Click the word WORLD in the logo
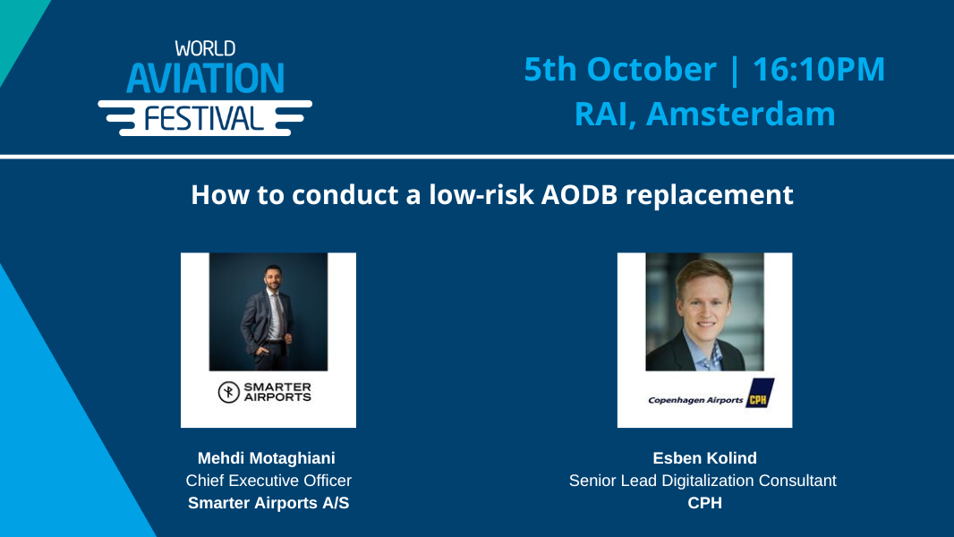pos(205,49)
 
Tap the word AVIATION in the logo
pos(205,79)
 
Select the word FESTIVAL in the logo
pos(204,117)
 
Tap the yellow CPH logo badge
pos(761,393)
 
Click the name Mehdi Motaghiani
pos(268,458)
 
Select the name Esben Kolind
pos(704,458)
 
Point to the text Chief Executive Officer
pos(268,481)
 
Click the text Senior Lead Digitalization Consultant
pos(703,481)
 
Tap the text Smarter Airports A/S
pos(268,503)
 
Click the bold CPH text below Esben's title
pos(704,503)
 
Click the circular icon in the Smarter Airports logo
pos(230,392)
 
